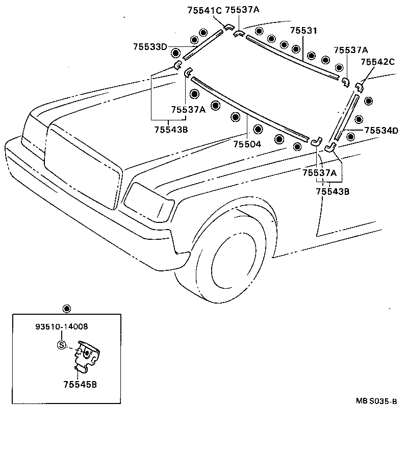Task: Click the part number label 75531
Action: (x=303, y=31)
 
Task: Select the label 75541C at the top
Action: (x=205, y=10)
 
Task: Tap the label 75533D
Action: (x=150, y=47)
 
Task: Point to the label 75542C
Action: (x=377, y=62)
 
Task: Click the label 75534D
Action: (x=380, y=131)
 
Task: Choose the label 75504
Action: (x=247, y=144)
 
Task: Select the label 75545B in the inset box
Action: (x=80, y=384)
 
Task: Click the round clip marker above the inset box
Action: (x=66, y=309)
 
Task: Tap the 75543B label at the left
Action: (x=171, y=130)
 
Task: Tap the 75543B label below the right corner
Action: (x=333, y=191)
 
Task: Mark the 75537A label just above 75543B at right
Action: (x=319, y=173)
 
